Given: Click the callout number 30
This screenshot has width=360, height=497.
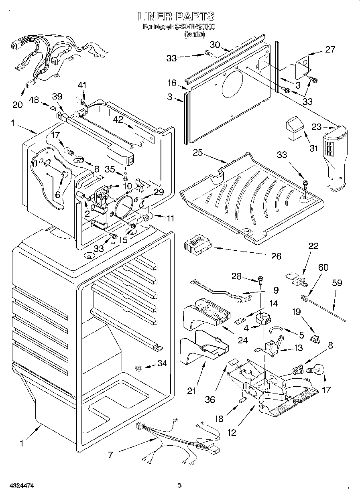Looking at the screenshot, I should [x=216, y=45].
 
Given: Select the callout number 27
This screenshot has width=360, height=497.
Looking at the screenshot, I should [x=330, y=49].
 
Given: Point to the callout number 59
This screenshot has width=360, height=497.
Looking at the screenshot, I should [x=337, y=283].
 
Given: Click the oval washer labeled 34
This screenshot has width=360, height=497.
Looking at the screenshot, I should [x=139, y=367].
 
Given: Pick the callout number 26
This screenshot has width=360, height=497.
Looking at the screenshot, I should [x=276, y=256].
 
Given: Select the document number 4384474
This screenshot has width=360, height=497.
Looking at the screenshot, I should [x=17, y=486].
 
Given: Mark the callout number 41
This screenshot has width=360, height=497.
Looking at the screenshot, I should [x=82, y=85].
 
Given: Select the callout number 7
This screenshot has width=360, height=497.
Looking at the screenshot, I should [x=110, y=454].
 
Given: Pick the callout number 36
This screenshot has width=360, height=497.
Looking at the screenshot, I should [x=210, y=399].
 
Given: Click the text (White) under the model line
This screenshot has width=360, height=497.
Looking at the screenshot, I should [x=194, y=34].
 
